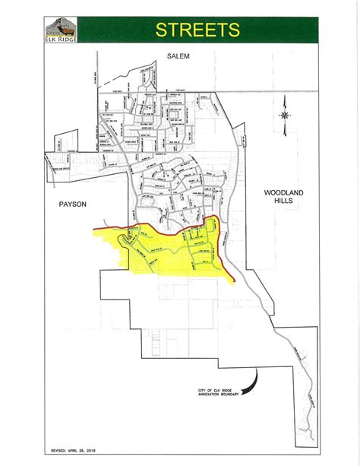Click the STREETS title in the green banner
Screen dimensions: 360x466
pyautogui.click(x=197, y=30)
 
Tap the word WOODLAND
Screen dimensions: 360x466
pyautogui.click(x=283, y=194)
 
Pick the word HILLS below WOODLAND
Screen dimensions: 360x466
pyautogui.click(x=283, y=203)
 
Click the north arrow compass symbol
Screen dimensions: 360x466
pyautogui.click(x=283, y=115)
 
